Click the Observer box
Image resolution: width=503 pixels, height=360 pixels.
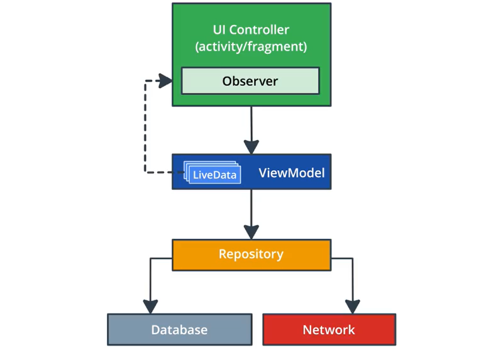click(x=250, y=81)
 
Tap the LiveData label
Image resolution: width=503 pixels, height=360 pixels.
click(x=214, y=175)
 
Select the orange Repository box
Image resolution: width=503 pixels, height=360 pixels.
click(x=251, y=254)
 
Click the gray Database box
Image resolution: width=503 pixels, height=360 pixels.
click(x=179, y=330)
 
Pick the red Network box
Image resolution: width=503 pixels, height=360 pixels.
click(x=329, y=330)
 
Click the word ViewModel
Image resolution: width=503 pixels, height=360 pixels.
click(x=292, y=172)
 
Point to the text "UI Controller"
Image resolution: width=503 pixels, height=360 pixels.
click(x=251, y=30)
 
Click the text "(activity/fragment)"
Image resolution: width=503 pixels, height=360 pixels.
click(x=251, y=46)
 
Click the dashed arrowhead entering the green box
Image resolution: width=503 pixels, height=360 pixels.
click(x=165, y=80)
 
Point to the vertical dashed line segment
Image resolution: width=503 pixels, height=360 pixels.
click(x=146, y=126)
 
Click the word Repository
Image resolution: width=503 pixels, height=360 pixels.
click(x=251, y=254)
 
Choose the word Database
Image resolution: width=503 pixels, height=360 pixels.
click(x=179, y=330)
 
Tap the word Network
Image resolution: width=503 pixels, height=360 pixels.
click(x=329, y=330)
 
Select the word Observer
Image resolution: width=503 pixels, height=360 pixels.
click(x=250, y=81)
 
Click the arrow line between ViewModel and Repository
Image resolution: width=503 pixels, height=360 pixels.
click(x=251, y=207)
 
